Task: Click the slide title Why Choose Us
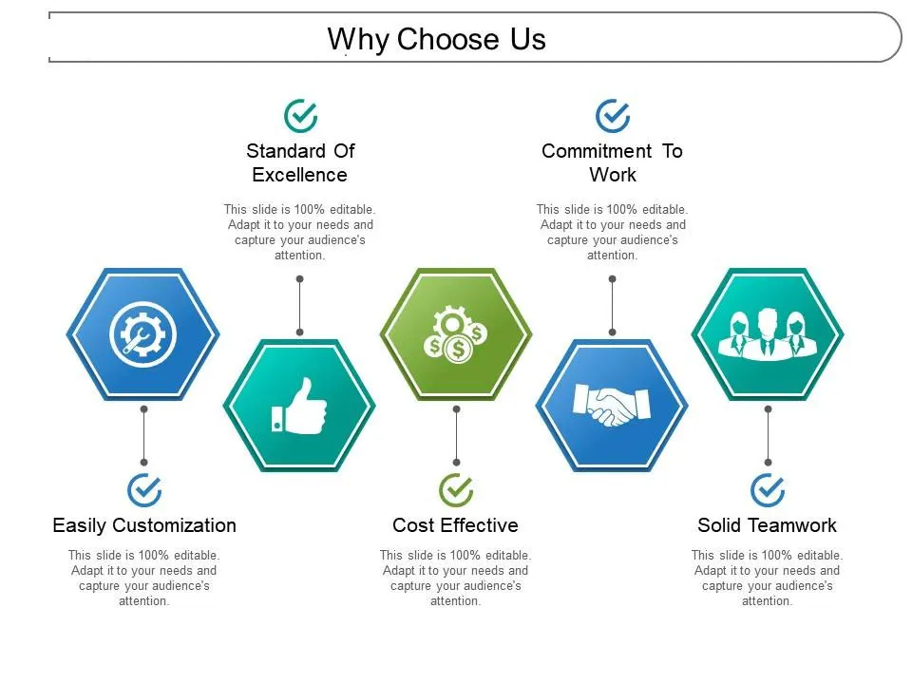coord(437,40)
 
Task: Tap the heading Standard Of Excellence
coord(300,162)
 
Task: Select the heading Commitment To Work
coord(612,162)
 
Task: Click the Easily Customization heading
coord(144,525)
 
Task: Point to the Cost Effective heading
coord(455,525)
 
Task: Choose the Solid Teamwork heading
coord(767,525)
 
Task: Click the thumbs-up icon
coord(299,406)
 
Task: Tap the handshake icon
coord(612,406)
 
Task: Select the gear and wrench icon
coord(143,333)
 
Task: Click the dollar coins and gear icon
coord(455,333)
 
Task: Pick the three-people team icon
coord(767,333)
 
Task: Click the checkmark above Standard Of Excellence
coord(301,116)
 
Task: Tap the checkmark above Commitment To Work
coord(613,116)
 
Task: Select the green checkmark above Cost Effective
coord(456,490)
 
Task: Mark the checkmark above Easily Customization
coord(144,490)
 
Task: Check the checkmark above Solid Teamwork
coord(768,490)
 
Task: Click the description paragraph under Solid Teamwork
coord(767,578)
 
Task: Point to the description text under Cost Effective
coord(455,578)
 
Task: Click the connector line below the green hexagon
coord(456,437)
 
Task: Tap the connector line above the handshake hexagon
coord(612,306)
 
